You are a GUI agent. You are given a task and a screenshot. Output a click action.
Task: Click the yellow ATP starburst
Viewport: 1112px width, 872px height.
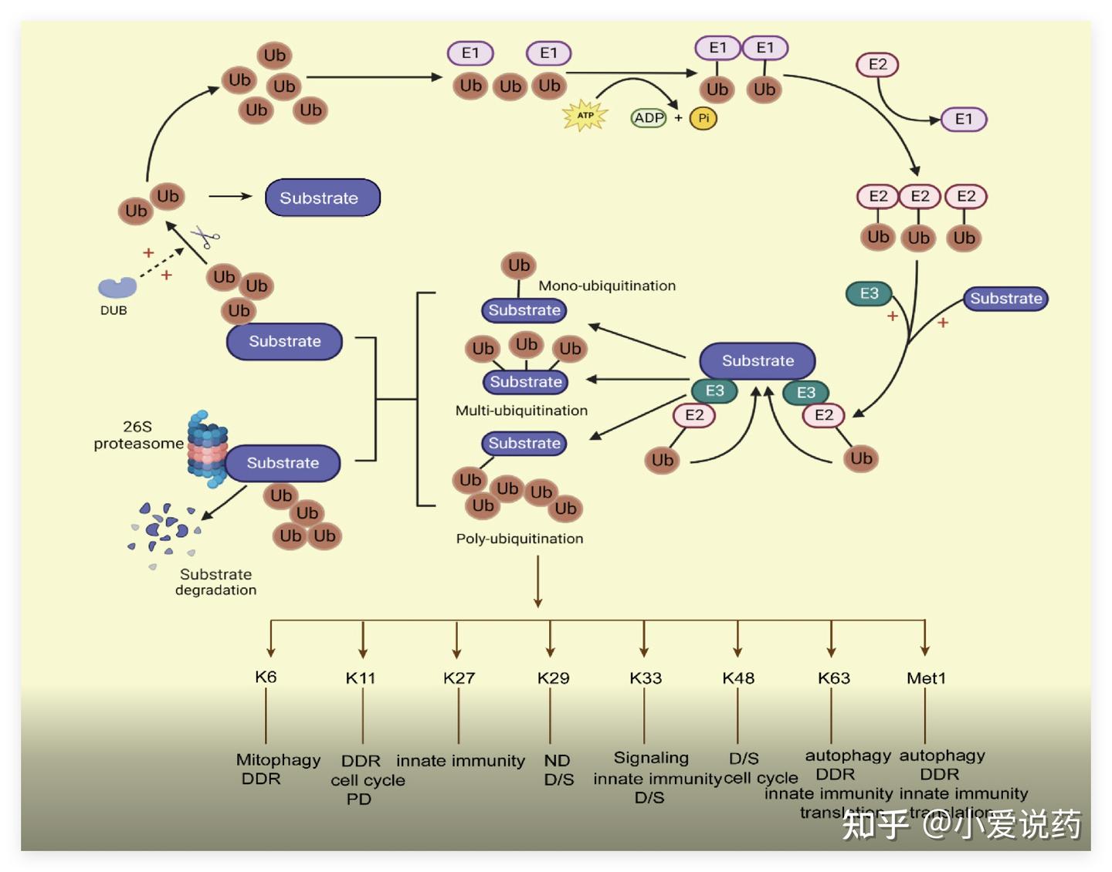point(585,116)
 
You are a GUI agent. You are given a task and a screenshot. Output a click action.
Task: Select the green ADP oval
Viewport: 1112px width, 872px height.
point(649,118)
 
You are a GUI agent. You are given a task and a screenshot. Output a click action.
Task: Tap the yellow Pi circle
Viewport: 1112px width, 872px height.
point(703,118)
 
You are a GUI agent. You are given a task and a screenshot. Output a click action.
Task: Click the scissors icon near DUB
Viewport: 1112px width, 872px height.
point(205,236)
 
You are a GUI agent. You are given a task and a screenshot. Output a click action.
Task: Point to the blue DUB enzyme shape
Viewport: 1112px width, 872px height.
point(117,288)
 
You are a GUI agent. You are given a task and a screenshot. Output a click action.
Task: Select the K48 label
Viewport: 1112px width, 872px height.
point(738,678)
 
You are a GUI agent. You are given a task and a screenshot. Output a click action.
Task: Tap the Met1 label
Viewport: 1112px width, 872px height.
point(926,678)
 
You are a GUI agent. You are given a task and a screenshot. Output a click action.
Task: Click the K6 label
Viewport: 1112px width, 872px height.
point(266,678)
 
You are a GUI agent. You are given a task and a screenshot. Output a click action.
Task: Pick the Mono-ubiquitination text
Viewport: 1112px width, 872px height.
point(607,286)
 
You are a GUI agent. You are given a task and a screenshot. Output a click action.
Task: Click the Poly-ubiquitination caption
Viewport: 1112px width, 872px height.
point(520,539)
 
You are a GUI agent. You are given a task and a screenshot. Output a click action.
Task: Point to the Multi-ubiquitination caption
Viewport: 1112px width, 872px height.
point(521,411)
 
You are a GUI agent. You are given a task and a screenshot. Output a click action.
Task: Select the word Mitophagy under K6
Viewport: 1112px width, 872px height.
point(278,760)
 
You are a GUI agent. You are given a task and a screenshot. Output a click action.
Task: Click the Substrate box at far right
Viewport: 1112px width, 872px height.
point(1005,299)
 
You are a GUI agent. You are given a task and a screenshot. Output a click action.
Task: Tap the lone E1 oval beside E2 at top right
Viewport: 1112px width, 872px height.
point(964,119)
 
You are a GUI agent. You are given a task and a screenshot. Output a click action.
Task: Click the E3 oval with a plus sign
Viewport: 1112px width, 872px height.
point(870,293)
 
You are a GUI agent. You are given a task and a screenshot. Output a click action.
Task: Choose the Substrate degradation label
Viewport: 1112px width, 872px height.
point(216,582)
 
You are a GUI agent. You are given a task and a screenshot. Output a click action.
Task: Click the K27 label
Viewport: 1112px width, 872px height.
point(459,678)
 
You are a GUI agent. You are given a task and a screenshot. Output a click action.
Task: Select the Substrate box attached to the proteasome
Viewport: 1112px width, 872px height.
point(283,463)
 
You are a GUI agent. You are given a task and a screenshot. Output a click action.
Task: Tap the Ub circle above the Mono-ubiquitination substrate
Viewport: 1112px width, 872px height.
point(519,265)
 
